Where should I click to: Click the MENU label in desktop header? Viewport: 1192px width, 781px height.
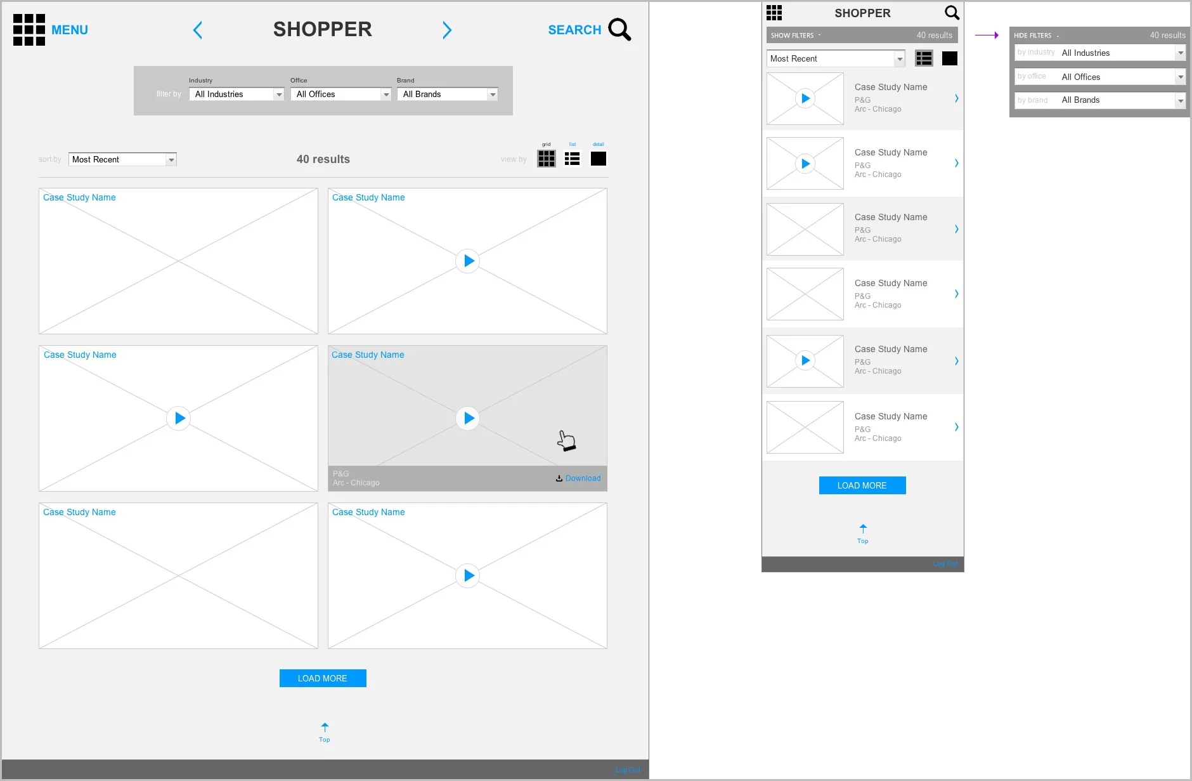(x=69, y=30)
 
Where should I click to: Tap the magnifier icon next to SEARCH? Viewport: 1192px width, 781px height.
(x=619, y=29)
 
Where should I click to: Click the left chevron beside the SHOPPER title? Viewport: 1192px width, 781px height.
(x=198, y=30)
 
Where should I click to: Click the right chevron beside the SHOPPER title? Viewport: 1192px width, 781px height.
(x=447, y=30)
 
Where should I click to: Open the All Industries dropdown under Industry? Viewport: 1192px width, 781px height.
(x=236, y=94)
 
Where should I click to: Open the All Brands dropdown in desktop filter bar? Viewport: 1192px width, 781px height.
(x=446, y=94)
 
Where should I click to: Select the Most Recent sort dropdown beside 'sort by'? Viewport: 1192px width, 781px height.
(x=122, y=159)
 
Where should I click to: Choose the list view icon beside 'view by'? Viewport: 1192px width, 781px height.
(x=572, y=159)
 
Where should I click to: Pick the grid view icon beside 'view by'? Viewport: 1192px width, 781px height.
(x=546, y=159)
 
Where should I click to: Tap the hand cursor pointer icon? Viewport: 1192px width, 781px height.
(x=566, y=440)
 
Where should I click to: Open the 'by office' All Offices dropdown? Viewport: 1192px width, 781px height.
(x=1100, y=77)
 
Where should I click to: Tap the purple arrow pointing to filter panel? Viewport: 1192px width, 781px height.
(x=987, y=36)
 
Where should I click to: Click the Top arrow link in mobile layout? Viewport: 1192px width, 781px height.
(x=863, y=533)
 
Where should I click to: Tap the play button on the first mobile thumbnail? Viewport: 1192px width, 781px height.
(x=805, y=98)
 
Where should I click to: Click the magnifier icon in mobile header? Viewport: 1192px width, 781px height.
(x=952, y=13)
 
